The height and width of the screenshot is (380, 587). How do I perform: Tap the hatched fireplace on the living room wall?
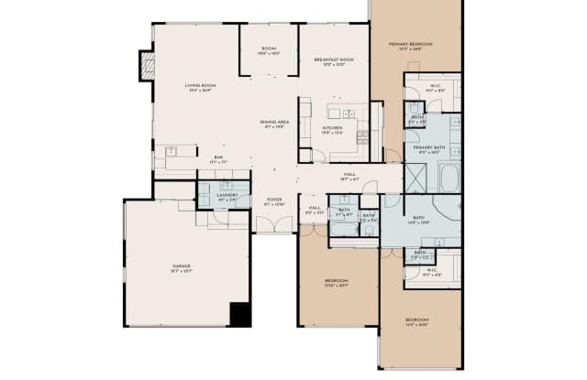[146, 66]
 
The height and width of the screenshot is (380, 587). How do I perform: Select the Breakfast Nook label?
[334, 61]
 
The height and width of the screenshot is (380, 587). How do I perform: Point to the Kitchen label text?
[332, 129]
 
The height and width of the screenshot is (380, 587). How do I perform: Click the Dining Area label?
[274, 124]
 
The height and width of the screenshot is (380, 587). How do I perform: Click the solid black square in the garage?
[240, 314]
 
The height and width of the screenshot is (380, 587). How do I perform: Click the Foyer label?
[274, 201]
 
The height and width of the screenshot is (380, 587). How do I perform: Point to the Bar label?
[219, 158]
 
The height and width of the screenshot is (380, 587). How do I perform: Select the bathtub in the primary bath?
[449, 177]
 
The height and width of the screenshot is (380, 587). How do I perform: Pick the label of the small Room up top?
[269, 51]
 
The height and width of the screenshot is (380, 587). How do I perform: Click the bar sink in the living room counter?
[172, 150]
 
